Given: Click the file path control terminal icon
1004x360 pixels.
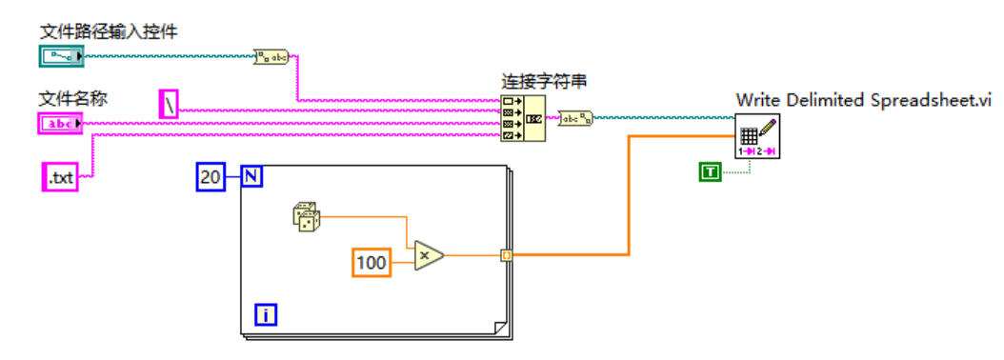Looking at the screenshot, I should point(62,56).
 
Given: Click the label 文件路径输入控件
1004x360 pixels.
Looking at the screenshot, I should point(108,32).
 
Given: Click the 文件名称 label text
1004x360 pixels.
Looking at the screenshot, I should point(70,98).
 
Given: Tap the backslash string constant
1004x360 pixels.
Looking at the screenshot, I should point(168,104).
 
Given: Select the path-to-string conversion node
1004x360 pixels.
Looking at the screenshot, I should point(271,57).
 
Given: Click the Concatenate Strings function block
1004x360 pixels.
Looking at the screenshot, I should point(523,118).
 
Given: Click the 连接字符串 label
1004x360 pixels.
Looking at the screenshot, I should point(544,82).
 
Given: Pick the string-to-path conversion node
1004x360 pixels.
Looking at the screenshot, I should point(574,119).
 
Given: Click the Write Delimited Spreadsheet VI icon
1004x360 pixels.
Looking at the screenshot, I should point(757,136).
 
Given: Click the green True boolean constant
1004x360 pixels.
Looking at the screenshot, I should point(710,171).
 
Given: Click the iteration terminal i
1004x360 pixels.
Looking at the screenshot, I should point(266,314).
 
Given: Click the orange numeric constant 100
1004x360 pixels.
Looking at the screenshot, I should point(372,262).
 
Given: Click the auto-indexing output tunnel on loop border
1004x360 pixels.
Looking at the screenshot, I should point(507,255).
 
